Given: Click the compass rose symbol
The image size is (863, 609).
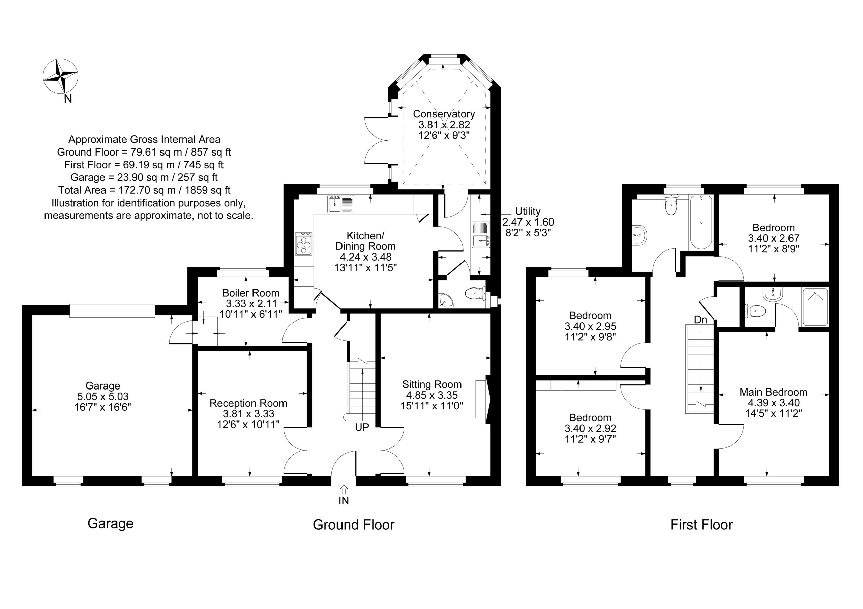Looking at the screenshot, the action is click(x=61, y=76).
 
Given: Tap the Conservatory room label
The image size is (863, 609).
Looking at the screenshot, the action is click(x=444, y=114).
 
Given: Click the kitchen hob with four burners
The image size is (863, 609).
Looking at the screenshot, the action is click(x=304, y=244).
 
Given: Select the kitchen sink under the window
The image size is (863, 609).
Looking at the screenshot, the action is click(x=340, y=204).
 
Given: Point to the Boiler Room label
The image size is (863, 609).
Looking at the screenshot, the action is click(x=251, y=293).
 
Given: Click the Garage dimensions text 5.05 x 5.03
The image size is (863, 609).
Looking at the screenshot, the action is click(x=102, y=397).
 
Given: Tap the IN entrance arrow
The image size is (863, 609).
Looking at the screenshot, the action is click(x=344, y=489).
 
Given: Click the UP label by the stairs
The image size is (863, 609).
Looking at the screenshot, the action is click(x=362, y=427).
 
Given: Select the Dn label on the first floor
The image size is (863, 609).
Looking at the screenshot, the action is click(x=700, y=320).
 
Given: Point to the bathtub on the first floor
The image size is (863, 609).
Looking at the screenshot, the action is click(x=701, y=222).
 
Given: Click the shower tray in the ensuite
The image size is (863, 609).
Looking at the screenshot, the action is click(x=815, y=307).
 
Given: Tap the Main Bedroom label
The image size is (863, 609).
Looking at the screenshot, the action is click(x=774, y=392).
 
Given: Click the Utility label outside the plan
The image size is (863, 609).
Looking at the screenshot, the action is click(x=528, y=211).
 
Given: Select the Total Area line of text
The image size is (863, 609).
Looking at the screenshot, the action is click(x=144, y=190).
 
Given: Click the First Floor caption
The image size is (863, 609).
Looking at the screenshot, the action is click(x=702, y=525).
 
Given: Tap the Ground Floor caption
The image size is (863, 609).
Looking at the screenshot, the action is click(x=354, y=525).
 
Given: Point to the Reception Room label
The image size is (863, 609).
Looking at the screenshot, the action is click(x=248, y=403).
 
